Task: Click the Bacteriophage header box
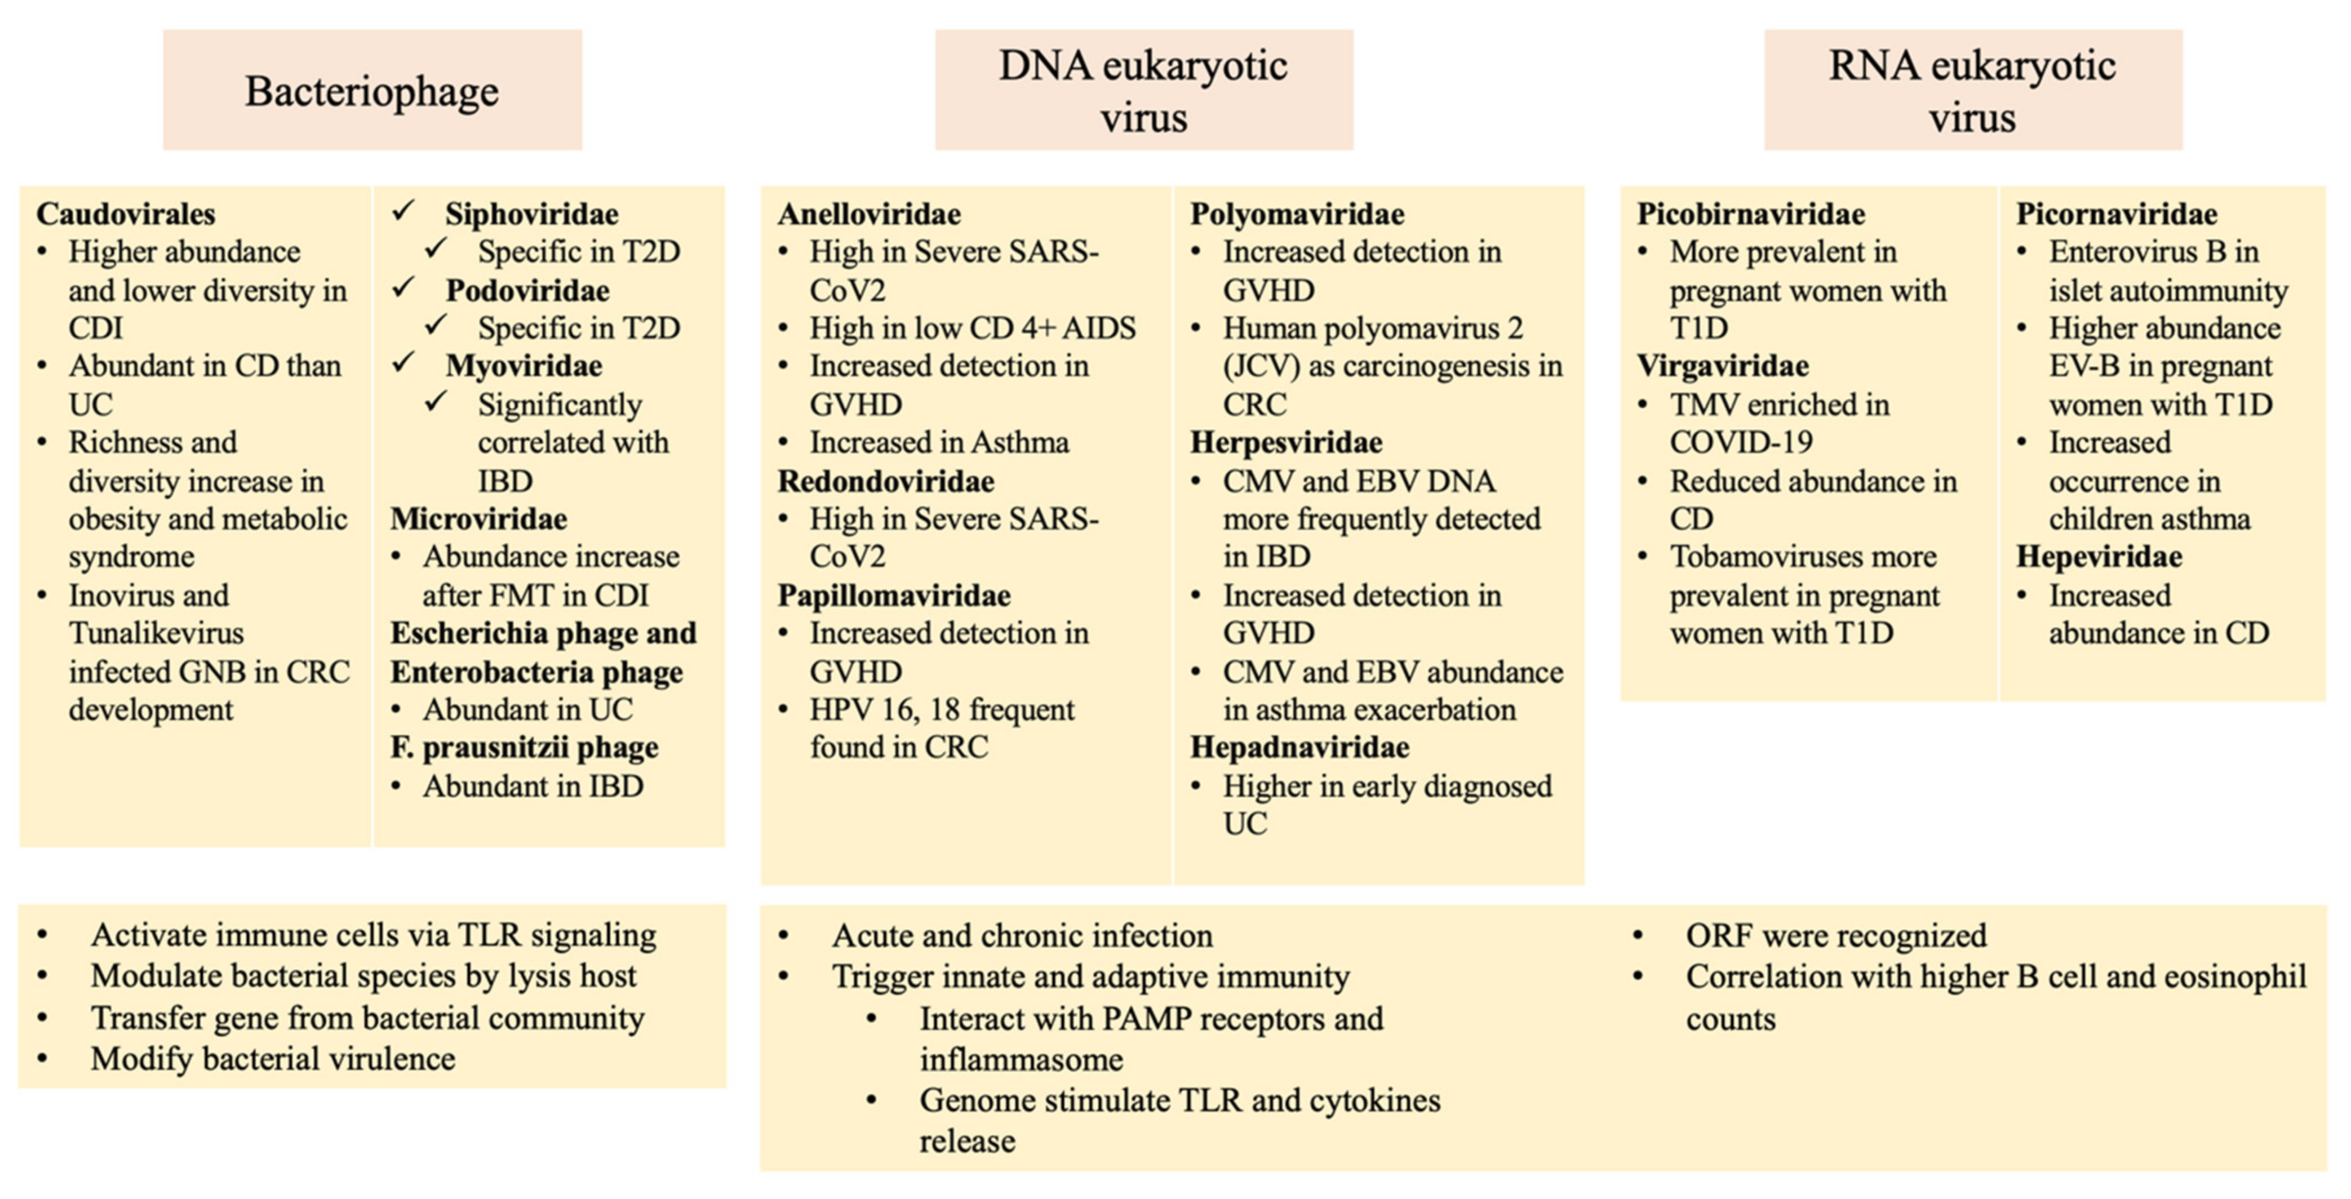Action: pyautogui.click(x=372, y=90)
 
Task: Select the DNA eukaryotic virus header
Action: pyautogui.click(x=1143, y=90)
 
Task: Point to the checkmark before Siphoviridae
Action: pyautogui.click(x=404, y=212)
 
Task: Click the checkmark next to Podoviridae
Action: pyautogui.click(x=404, y=289)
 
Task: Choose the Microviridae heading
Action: pyautogui.click(x=478, y=519)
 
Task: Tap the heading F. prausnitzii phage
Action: pyautogui.click(x=524, y=747)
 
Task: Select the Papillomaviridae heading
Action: pyautogui.click(x=894, y=596)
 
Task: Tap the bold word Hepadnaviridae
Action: pyautogui.click(x=1299, y=747)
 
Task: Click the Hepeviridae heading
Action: pyautogui.click(x=2099, y=557)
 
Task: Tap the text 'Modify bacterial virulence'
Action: pyautogui.click(x=273, y=1059)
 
